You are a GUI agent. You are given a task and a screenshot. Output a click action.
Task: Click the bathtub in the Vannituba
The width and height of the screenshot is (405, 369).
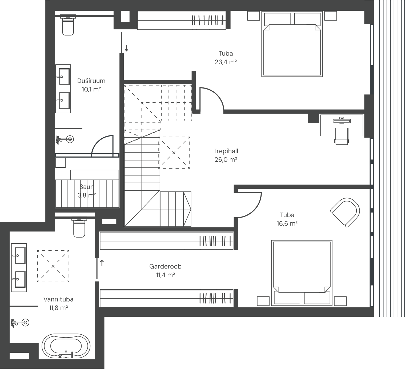[66, 346]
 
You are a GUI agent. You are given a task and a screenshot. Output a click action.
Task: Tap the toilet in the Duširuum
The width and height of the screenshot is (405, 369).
[68, 25]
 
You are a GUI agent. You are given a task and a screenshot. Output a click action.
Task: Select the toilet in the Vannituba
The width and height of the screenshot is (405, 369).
[79, 228]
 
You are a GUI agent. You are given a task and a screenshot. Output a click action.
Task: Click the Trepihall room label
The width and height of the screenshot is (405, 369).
[226, 151]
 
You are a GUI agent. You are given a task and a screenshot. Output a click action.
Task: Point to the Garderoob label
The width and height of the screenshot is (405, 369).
[165, 266]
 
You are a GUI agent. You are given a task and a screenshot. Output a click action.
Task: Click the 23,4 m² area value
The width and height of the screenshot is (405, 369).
[226, 62]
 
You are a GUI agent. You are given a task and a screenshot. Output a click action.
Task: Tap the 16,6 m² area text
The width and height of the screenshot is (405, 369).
[287, 224]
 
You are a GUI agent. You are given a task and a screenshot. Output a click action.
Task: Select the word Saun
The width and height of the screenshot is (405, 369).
[87, 187]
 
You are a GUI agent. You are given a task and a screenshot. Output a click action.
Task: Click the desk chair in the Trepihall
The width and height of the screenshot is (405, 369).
[342, 136]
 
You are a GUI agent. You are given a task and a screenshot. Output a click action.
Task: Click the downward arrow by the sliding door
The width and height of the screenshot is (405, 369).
[127, 48]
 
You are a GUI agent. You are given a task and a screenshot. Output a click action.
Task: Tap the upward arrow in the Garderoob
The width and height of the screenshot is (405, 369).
[102, 263]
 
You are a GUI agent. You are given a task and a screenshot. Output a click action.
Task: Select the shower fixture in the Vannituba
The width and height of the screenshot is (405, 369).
[20, 323]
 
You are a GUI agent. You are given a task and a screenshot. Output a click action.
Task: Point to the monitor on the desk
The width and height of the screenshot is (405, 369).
[342, 120]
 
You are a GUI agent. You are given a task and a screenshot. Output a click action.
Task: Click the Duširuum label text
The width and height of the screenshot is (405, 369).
[91, 81]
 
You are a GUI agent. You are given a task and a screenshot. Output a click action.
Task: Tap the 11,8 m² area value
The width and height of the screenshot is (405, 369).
[58, 308]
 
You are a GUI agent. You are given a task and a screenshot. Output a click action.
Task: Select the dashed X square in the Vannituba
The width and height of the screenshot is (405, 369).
[53, 266]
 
